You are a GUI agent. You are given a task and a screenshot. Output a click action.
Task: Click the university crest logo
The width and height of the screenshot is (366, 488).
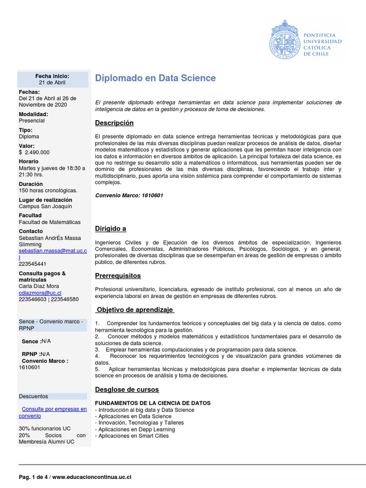click(x=286, y=40)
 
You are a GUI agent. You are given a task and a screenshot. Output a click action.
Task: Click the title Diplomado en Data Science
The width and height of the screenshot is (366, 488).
click(x=155, y=78)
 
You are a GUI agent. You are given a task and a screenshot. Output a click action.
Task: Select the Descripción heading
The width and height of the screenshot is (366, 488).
click(x=114, y=123)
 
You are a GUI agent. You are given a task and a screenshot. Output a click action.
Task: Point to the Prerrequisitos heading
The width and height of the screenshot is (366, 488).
click(x=118, y=276)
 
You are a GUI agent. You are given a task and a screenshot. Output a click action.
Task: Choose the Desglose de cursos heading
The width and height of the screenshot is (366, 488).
click(x=127, y=390)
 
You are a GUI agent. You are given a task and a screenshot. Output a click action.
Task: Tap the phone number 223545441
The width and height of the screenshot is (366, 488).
click(x=32, y=264)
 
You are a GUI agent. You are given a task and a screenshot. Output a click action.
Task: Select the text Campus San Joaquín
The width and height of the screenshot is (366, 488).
click(x=45, y=206)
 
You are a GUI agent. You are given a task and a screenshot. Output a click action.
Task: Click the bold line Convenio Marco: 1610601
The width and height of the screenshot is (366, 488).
click(x=129, y=195)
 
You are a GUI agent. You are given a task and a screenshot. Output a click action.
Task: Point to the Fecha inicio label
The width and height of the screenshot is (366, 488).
click(x=52, y=76)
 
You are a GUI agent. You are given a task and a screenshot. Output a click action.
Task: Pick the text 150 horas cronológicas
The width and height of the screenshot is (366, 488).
click(x=48, y=191)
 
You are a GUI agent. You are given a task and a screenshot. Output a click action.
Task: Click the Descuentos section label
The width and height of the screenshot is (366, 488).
click(x=33, y=396)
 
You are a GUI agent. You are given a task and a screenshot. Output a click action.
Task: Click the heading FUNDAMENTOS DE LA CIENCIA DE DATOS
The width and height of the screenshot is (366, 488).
click(x=153, y=403)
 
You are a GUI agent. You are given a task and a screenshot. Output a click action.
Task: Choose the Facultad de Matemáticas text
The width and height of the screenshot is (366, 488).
click(x=50, y=222)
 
